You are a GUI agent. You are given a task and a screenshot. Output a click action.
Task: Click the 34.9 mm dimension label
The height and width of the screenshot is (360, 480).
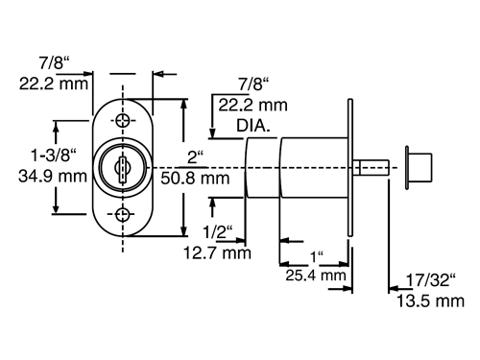tap(53, 177)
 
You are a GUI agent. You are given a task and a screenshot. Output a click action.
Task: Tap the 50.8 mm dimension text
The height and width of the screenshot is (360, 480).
tap(195, 178)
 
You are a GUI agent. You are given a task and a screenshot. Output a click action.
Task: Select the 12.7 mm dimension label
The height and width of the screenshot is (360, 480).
tap(217, 253)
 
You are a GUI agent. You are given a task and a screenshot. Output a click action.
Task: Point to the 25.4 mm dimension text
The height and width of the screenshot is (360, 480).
tap(316, 276)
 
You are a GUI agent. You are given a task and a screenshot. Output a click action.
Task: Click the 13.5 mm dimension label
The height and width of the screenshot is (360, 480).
tap(430, 301)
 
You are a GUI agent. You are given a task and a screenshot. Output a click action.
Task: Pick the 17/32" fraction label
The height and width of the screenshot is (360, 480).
tap(431, 280)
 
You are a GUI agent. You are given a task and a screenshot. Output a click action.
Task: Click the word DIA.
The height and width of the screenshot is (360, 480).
tap(253, 126)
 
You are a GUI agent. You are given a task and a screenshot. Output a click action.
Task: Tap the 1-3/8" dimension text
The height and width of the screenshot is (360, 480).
tap(54, 156)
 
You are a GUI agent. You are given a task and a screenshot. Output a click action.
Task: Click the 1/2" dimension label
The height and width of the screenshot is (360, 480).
tap(218, 231)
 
